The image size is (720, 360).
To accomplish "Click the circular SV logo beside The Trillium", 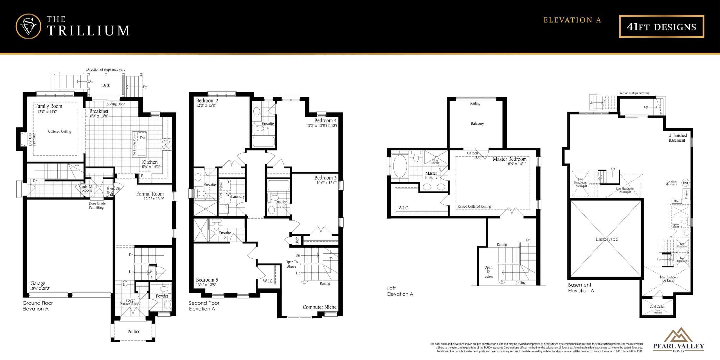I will coord(28,26).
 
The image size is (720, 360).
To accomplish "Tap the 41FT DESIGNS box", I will coord(661,26).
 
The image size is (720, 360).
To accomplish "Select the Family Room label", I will coord(48,106).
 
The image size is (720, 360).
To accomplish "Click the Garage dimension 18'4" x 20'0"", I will coord(40,288).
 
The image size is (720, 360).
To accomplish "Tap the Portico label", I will coord(134,332).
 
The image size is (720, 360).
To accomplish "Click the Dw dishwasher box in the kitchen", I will coord(143,138).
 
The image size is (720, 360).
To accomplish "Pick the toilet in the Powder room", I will coord(168,304).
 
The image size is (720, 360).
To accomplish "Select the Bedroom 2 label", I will coord(207,100).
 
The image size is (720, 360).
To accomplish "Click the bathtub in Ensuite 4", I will coord(264,142).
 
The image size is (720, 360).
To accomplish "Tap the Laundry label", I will coord(238,197).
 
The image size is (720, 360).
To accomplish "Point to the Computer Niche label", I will coord(319,307).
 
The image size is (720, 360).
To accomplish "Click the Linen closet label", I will coord(297,240).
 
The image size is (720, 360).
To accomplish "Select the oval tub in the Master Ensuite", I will coord(400,166).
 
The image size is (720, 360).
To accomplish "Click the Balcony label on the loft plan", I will coord(477,123).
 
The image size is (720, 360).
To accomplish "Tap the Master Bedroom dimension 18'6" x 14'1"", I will coord(516,164).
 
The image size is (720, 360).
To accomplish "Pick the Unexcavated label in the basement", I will coord(607,239).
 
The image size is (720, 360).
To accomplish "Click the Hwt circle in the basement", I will coord(685,183).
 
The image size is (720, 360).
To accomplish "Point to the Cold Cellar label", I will coord(657,306).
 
